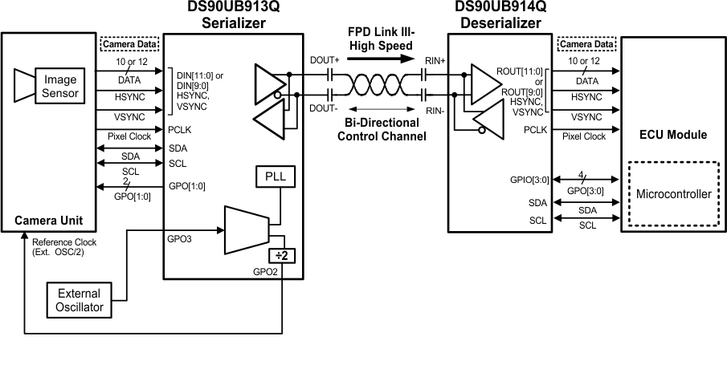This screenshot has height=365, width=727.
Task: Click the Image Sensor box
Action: pyautogui.click(x=60, y=86)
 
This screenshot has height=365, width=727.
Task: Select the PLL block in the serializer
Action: pyautogui.click(x=276, y=176)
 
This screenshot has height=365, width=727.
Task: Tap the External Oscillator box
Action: pyautogui.click(x=80, y=300)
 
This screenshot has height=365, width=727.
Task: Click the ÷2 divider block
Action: pyautogui.click(x=282, y=256)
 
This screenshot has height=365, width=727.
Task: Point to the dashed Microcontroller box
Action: pyautogui.click(x=673, y=194)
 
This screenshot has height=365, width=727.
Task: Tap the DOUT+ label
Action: pyautogui.click(x=324, y=60)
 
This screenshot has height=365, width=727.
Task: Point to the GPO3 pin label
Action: pyautogui.click(x=178, y=238)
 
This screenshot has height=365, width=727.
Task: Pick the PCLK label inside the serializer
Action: pyautogui.click(x=179, y=128)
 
